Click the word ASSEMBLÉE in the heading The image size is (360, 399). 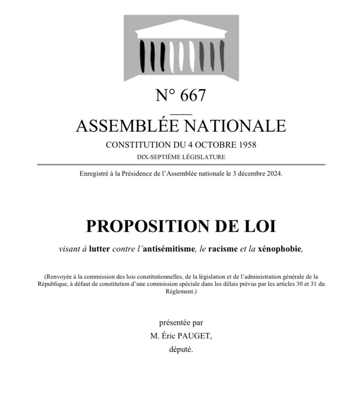click(x=126, y=125)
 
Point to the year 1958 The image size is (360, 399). click(x=246, y=145)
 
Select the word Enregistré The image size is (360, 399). click(x=93, y=174)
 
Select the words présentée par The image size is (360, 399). click(x=181, y=323)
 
